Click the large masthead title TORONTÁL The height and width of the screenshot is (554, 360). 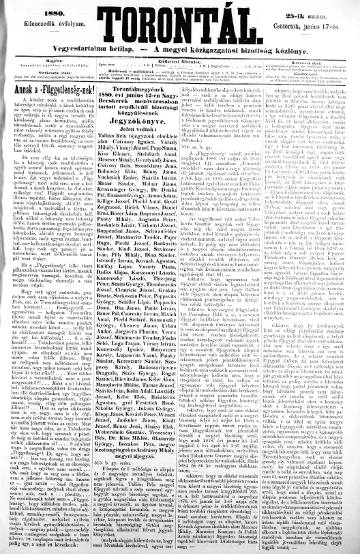coord(179,25)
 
